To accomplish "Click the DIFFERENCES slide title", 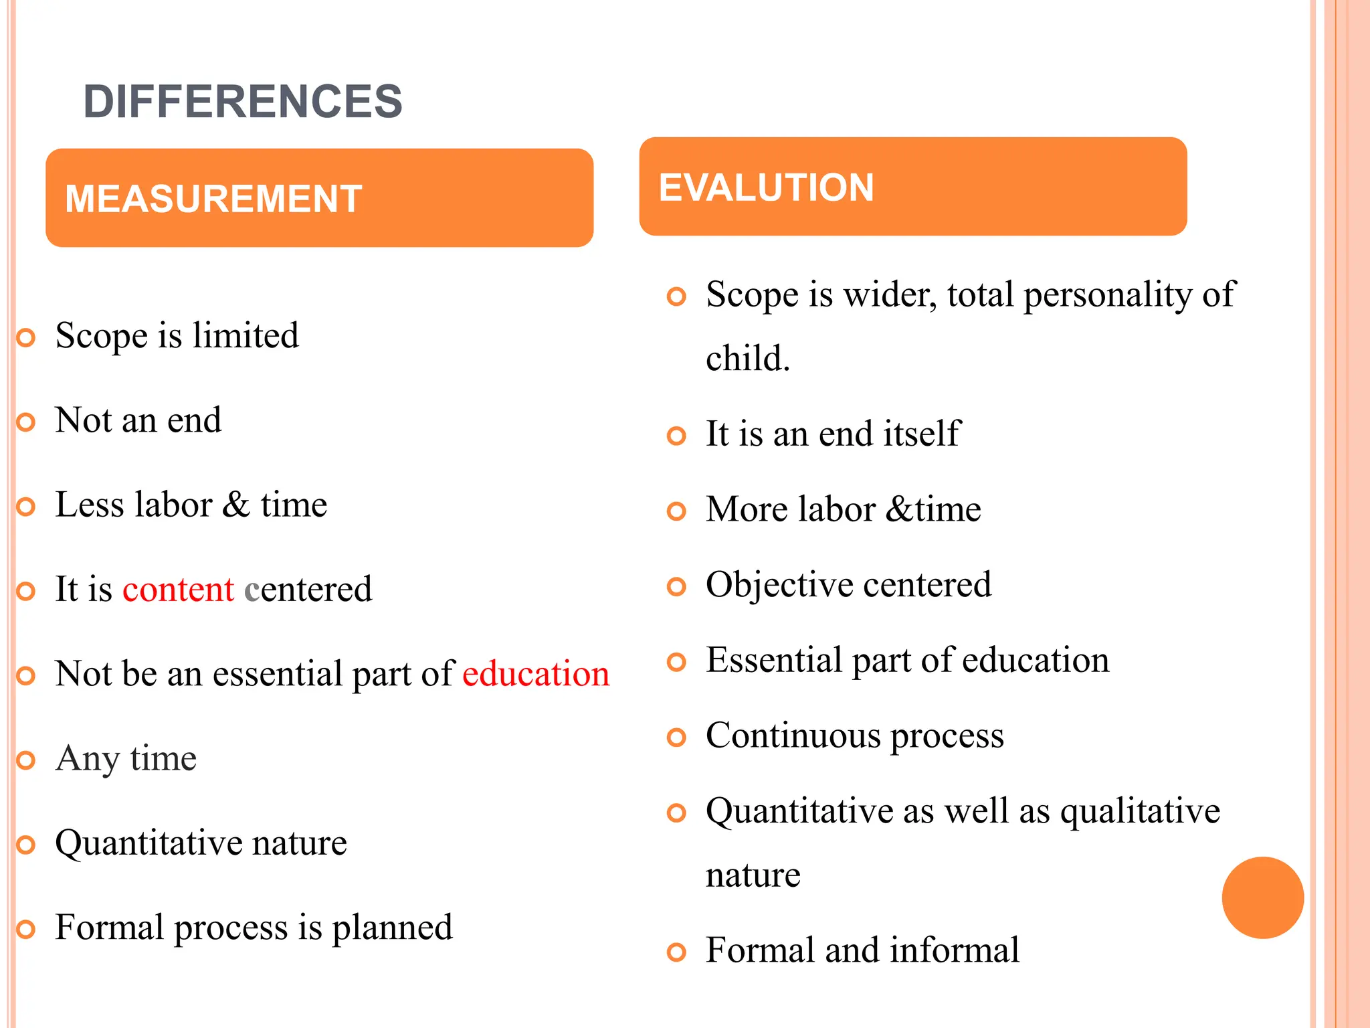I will (243, 102).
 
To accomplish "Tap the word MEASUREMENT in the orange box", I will (213, 199).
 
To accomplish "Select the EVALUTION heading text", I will (767, 187).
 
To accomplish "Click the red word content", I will (178, 589).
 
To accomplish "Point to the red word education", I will (536, 673).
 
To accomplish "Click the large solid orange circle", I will (1262, 897).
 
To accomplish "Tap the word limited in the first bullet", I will (246, 335).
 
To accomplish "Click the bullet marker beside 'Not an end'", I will (25, 422).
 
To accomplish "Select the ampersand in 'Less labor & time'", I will (236, 504).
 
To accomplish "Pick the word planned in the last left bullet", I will (392, 928).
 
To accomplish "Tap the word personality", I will (1107, 294).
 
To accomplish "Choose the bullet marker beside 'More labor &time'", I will (676, 511).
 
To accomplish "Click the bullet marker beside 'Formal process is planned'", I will (25, 930).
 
